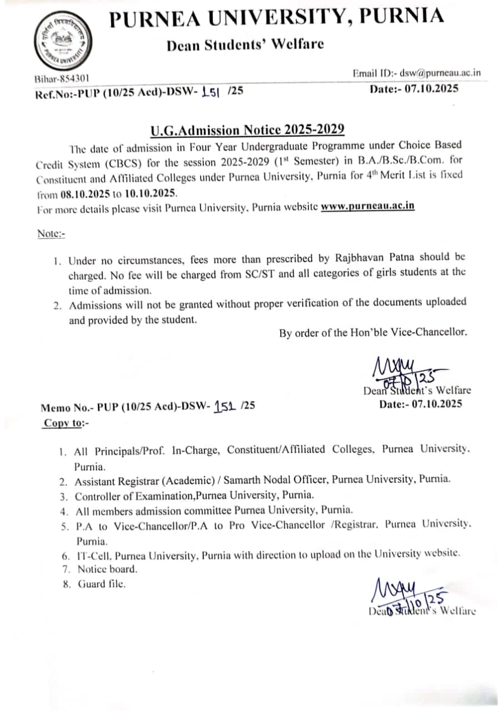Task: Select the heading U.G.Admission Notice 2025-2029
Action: [247, 130]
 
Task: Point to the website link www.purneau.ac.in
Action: [368, 206]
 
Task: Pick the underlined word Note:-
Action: [51, 234]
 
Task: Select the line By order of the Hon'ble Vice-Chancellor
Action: [373, 333]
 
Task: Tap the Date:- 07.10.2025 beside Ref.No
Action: [414, 88]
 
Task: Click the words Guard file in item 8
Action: [102, 584]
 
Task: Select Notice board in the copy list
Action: [107, 569]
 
